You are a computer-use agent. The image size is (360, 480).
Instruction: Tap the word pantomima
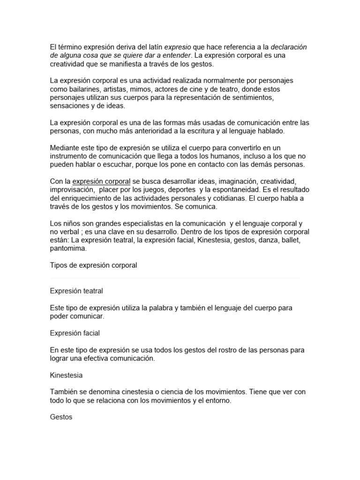tap(68, 249)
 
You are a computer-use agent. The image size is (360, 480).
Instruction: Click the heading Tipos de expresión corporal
tap(93, 265)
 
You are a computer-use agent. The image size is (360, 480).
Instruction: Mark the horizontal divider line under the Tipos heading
tap(174, 278)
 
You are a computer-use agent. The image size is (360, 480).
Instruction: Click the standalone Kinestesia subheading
tap(67, 375)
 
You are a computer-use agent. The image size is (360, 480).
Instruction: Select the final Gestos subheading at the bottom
tap(61, 417)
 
